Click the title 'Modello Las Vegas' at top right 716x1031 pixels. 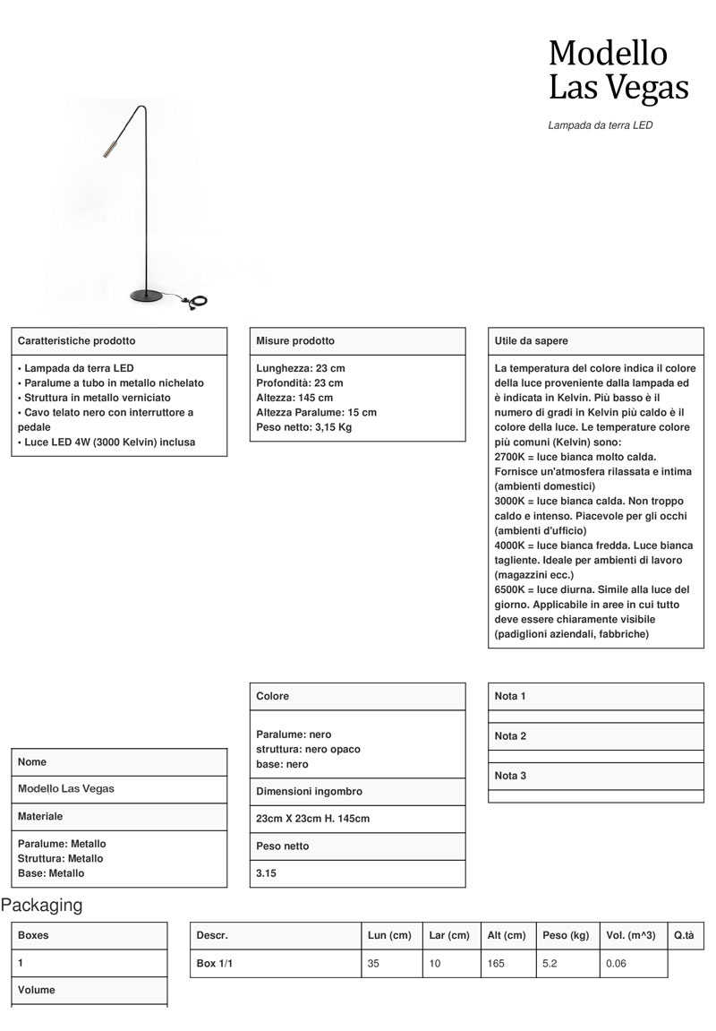tap(618, 71)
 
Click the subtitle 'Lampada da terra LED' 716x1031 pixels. tap(600, 126)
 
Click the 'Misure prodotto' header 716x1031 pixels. tap(295, 341)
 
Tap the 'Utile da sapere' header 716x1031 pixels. tap(531, 341)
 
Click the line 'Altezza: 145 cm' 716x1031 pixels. tap(294, 398)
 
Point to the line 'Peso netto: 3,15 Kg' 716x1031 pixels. tap(304, 426)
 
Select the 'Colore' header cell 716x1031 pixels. tap(273, 696)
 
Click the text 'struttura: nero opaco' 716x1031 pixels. tap(309, 749)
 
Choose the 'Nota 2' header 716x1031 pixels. tap(510, 736)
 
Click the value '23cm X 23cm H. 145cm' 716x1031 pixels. tap(313, 819)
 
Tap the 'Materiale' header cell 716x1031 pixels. tap(40, 817)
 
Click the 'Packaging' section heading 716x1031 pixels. tap(41, 906)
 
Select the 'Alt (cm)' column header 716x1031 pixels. tap(507, 935)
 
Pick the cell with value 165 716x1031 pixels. tap(497, 964)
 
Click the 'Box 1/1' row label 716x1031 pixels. tap(215, 964)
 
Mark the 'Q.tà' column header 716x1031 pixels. tap(684, 935)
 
